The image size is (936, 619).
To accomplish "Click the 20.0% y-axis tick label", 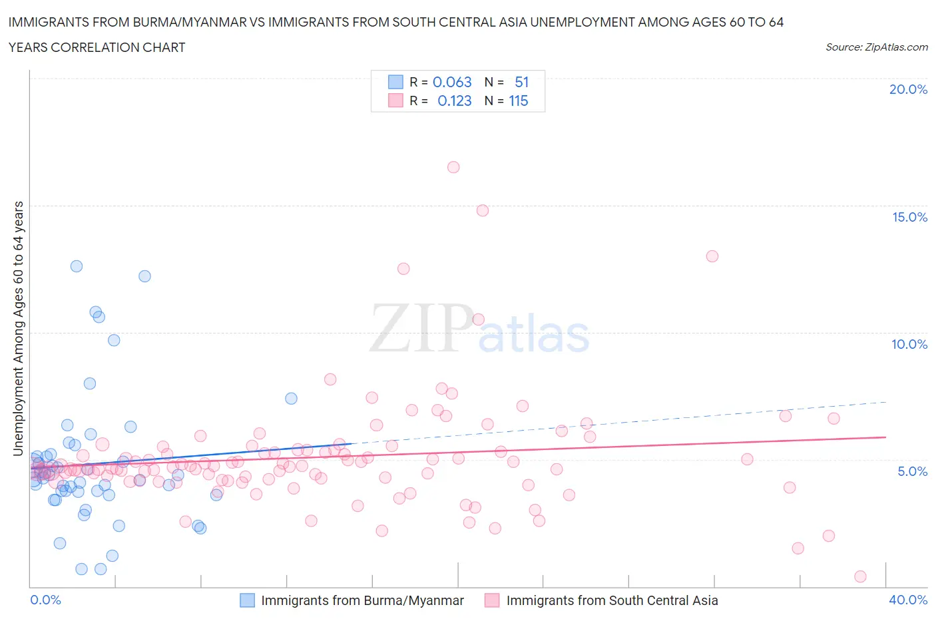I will coord(908,89).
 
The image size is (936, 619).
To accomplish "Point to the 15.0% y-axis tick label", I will coord(909,217).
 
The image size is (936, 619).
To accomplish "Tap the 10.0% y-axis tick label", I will coord(909,344).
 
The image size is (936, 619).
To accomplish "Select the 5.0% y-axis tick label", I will coord(912,471).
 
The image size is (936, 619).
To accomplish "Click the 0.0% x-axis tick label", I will coord(45,600).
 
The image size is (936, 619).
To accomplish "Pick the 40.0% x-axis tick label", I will coord(908,600).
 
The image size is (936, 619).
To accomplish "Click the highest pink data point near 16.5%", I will coord(453,167).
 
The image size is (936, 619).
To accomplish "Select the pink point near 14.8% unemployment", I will coord(483,210).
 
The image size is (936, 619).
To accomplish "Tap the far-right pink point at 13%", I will coord(712,256).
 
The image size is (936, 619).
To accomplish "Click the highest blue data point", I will coord(77,266).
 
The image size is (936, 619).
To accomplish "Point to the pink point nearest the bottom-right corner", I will coord(860,576).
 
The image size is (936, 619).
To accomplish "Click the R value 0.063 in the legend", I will coord(452,82).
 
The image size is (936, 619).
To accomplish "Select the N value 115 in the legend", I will coord(519,101).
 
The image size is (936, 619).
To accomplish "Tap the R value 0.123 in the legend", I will coord(454,101).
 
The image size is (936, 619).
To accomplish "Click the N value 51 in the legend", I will coord(522,82).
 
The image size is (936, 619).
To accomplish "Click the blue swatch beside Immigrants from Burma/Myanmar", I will coord(247,600).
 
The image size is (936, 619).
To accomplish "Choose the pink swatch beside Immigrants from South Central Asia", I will coord(492,600).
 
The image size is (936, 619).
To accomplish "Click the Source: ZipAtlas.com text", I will coord(876,47).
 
